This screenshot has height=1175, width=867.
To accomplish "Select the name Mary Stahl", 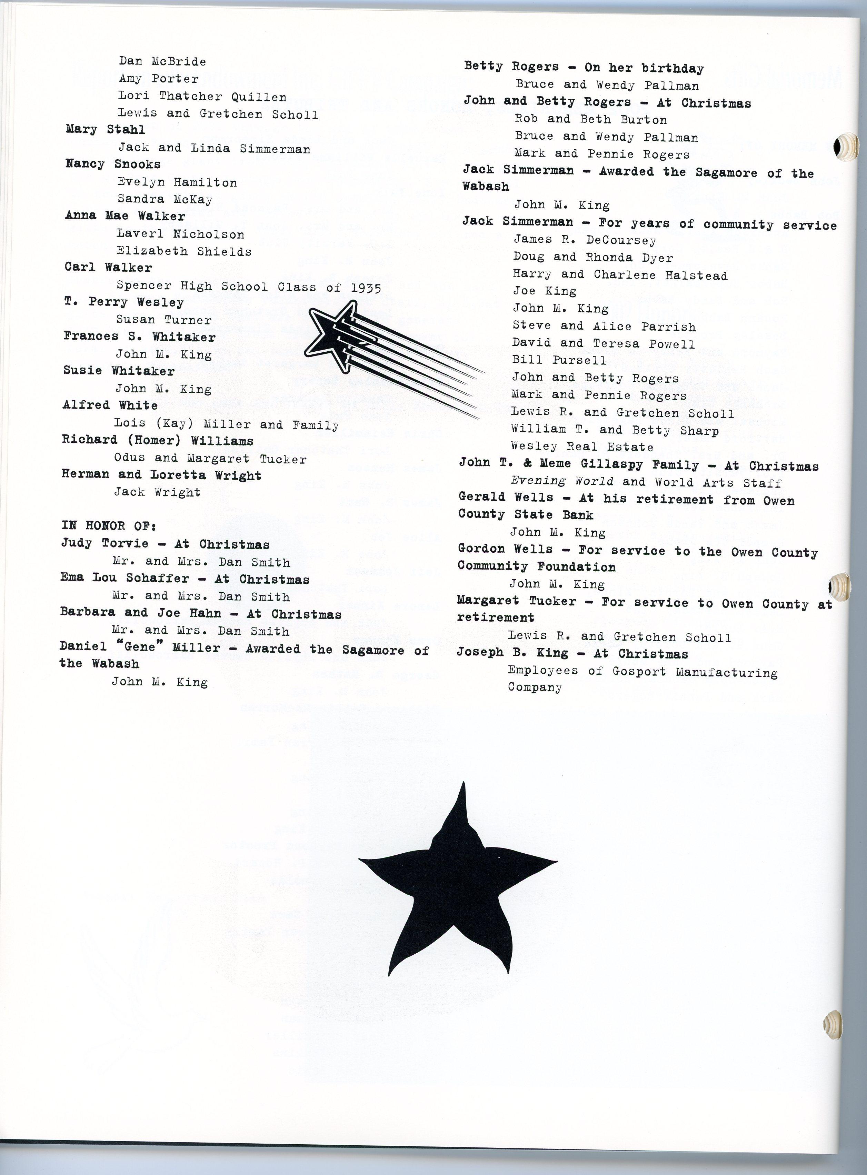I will tap(105, 130).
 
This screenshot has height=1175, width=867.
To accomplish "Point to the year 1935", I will tap(366, 288).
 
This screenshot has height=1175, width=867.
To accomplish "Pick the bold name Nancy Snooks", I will tap(113, 164).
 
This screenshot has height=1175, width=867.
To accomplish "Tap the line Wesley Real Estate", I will tap(582, 447).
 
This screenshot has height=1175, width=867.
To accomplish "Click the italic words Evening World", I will tap(561, 481).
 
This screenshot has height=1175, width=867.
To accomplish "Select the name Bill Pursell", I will tap(559, 360).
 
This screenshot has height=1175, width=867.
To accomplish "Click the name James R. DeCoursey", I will tap(585, 240).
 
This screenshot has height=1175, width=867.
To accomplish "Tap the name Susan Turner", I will tap(164, 320).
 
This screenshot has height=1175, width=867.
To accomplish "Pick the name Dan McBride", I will tap(162, 61).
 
